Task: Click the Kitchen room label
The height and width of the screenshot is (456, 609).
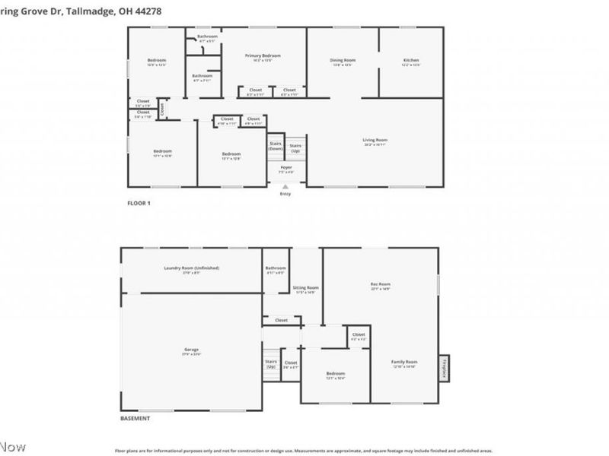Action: tap(411, 60)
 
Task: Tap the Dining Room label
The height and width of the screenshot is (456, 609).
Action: tap(343, 60)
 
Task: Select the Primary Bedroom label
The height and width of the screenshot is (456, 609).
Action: tap(263, 55)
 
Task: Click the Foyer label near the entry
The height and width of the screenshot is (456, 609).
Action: tap(286, 167)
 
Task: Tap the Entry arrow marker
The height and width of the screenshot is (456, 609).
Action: tap(285, 185)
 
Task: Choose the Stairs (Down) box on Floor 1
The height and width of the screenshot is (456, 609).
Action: tap(276, 146)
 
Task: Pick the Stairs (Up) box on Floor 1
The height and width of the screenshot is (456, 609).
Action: tap(295, 148)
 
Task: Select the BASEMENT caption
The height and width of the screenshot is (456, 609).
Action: tap(136, 419)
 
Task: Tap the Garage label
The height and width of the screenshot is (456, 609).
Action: tap(190, 350)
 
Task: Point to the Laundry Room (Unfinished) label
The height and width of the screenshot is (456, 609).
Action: tap(191, 268)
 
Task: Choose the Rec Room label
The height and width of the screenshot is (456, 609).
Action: tap(381, 284)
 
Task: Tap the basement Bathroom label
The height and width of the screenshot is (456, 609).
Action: tap(276, 268)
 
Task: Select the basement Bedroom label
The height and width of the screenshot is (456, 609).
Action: tap(336, 373)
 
